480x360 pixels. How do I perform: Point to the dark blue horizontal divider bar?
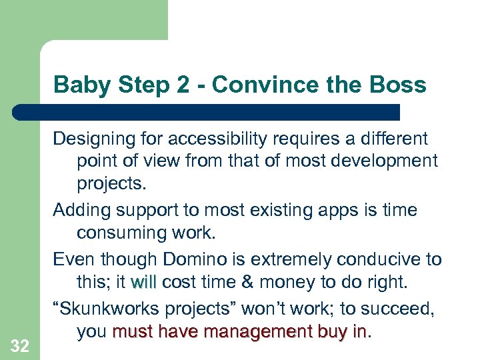pyautogui.click(x=207, y=112)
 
